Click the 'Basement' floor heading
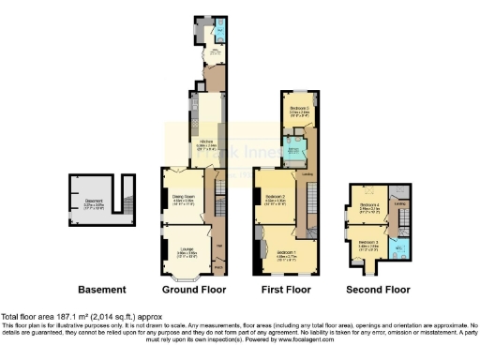100,289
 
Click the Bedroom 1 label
286,250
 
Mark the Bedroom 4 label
369,208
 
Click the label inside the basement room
91,198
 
